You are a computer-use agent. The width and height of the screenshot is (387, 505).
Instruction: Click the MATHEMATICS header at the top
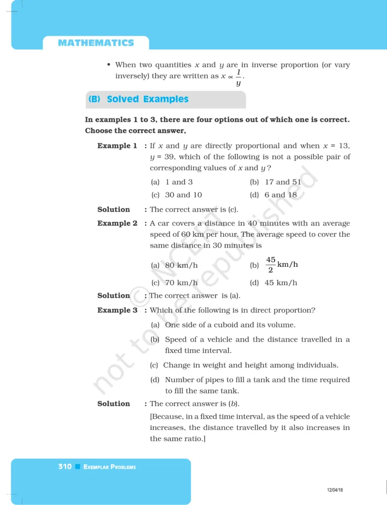pyautogui.click(x=96, y=43)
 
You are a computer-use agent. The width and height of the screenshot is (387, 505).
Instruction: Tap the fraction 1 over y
pyautogui.click(x=238, y=77)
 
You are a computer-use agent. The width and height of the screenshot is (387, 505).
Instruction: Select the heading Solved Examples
pyautogui.click(x=147, y=99)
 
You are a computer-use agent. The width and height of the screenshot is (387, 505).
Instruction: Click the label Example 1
pyautogui.click(x=117, y=146)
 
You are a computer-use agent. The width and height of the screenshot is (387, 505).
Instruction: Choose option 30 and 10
pyautogui.click(x=183, y=195)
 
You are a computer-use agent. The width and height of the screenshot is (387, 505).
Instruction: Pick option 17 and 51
pyautogui.click(x=283, y=182)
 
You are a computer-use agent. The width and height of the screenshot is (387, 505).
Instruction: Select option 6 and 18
pyautogui.click(x=280, y=195)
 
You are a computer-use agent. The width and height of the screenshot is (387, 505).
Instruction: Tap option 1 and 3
pyautogui.click(x=179, y=182)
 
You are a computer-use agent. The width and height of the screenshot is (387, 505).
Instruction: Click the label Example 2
pyautogui.click(x=117, y=223)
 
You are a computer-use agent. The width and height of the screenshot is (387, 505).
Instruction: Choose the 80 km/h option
pyautogui.click(x=181, y=265)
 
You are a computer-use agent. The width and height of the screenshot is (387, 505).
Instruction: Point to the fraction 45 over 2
pyautogui.click(x=271, y=264)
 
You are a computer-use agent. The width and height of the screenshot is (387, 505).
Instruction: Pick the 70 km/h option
pyautogui.click(x=181, y=283)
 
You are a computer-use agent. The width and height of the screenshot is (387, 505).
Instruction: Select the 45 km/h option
pyautogui.click(x=281, y=283)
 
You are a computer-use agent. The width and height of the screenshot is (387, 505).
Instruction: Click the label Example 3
pyautogui.click(x=117, y=311)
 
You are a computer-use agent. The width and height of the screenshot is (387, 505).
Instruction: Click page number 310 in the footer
pyautogui.click(x=64, y=467)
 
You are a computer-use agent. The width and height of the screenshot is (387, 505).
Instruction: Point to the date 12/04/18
pyautogui.click(x=335, y=490)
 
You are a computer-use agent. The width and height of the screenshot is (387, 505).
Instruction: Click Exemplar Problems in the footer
pyautogui.click(x=110, y=467)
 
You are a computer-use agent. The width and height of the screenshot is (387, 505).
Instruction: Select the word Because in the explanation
pyautogui.click(x=169, y=417)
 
